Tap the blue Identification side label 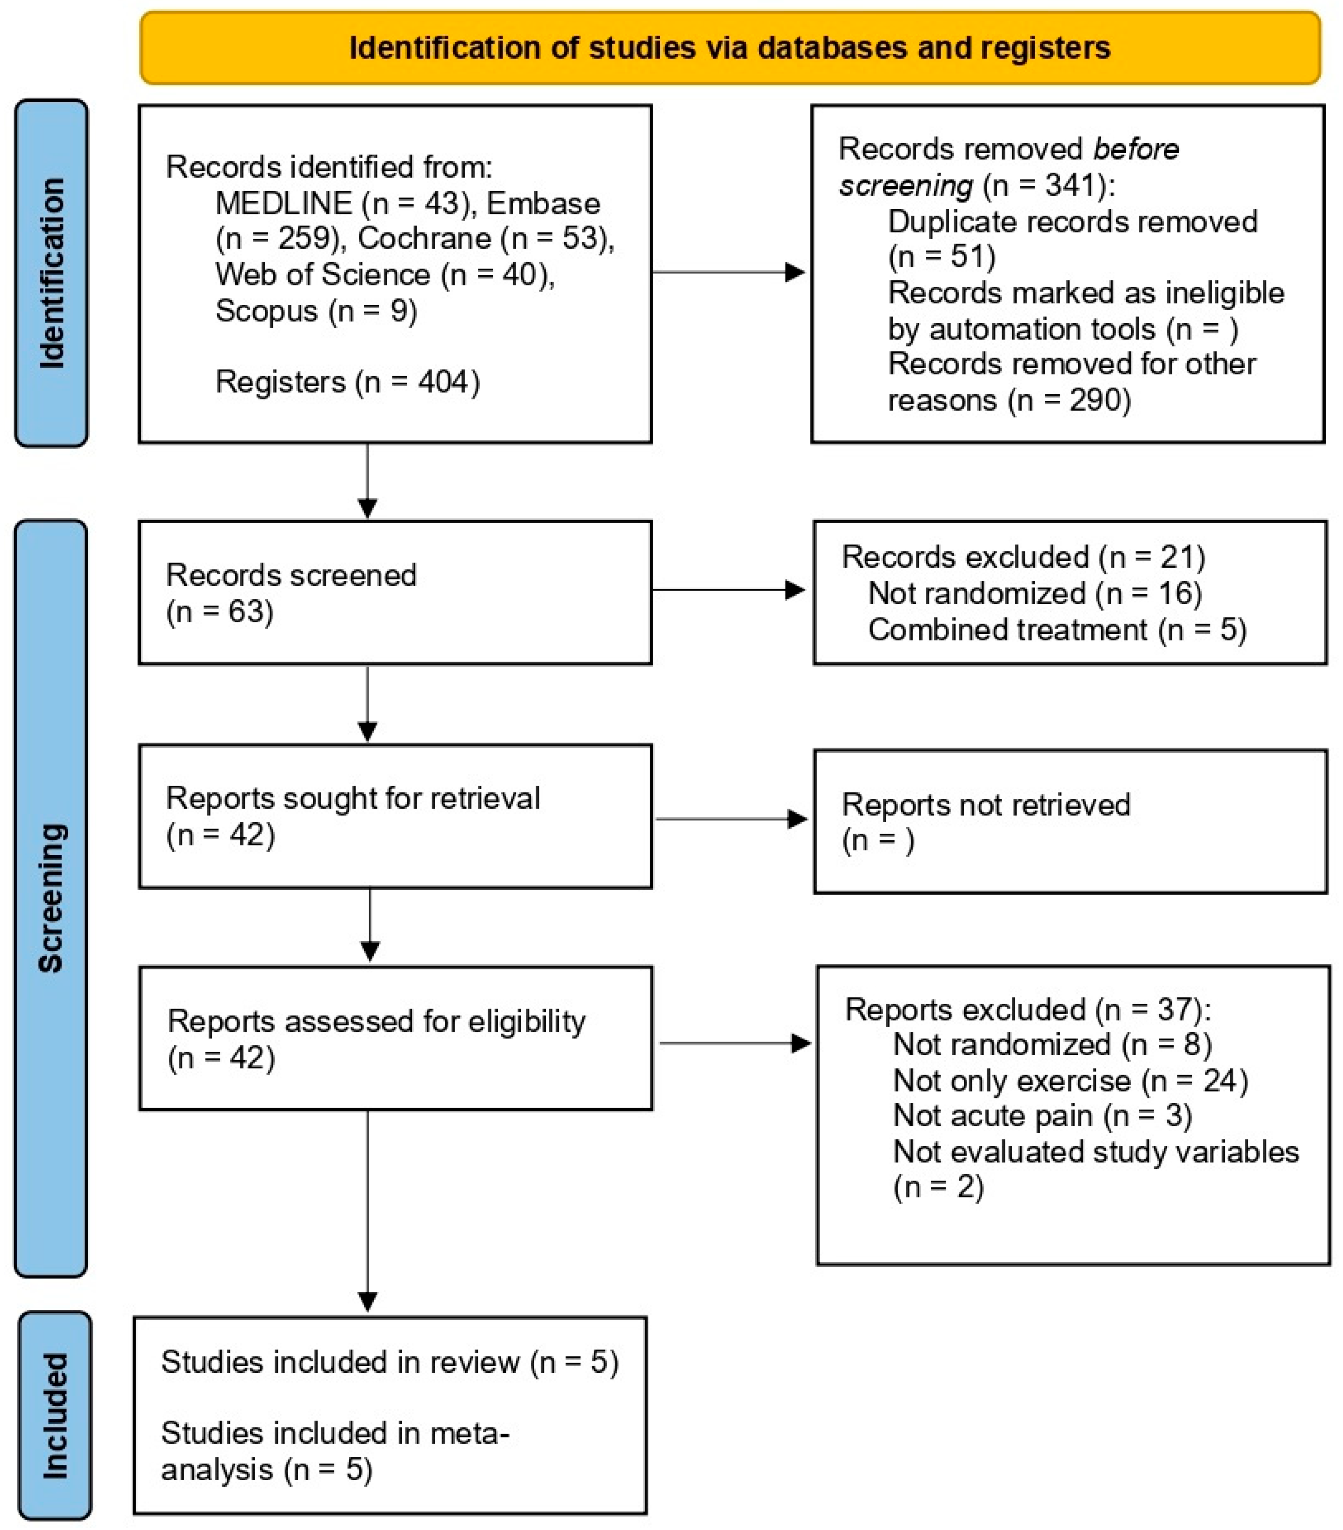click(51, 273)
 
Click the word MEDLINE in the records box click(283, 203)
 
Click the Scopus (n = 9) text click(316, 310)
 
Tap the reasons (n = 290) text click(1008, 400)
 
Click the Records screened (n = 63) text click(290, 593)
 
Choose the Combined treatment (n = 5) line click(1056, 629)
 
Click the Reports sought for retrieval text click(352, 798)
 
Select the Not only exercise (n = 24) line click(1070, 1081)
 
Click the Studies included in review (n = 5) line click(389, 1362)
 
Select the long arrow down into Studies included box click(367, 1212)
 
